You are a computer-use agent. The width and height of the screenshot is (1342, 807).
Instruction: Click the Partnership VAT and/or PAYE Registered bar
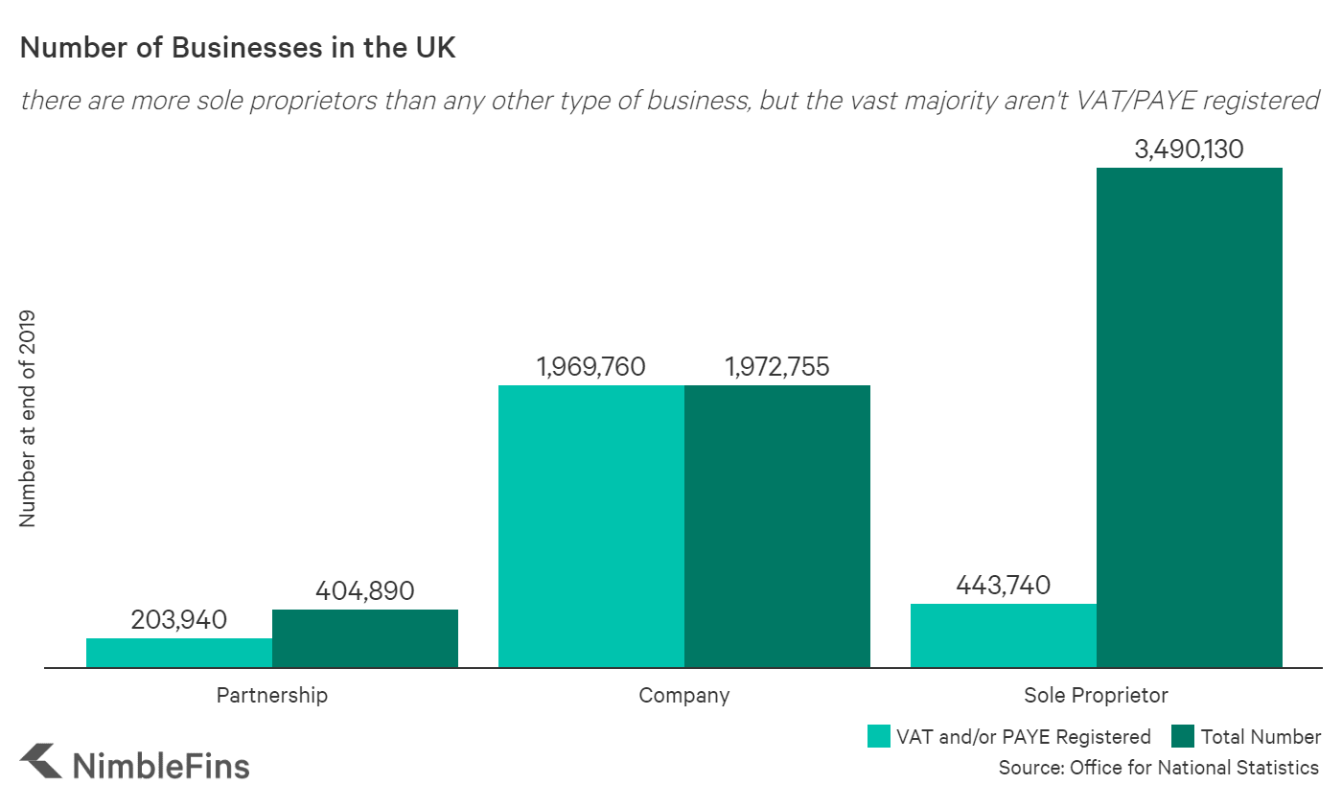click(x=179, y=653)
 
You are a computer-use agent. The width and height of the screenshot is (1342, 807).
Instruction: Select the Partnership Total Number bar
click(x=365, y=638)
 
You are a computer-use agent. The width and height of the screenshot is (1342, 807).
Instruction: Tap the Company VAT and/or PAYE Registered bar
click(x=591, y=526)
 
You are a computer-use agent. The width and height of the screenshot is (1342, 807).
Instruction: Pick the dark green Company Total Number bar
click(x=777, y=526)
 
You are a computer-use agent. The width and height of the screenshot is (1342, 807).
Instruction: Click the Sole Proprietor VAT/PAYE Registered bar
click(x=1004, y=635)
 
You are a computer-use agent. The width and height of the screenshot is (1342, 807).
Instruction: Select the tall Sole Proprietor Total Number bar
click(x=1190, y=418)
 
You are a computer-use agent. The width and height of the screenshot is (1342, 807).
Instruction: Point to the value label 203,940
click(x=179, y=620)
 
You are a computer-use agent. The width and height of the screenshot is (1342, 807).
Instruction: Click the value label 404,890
click(x=365, y=591)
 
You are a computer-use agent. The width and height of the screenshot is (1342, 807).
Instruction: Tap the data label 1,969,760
click(x=591, y=367)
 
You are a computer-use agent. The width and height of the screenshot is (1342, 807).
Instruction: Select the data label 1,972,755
click(x=777, y=367)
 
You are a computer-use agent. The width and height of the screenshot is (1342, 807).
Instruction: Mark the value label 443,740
click(x=1004, y=585)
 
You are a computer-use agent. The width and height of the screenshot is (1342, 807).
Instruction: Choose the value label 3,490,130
click(x=1190, y=150)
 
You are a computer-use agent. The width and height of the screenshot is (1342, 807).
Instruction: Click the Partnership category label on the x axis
click(x=272, y=695)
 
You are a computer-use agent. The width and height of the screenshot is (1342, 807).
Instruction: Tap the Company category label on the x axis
click(x=684, y=695)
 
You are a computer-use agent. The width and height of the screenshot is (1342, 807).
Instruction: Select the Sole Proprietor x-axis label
click(x=1097, y=695)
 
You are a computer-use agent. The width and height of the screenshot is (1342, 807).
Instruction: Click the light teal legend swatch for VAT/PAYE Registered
click(x=879, y=736)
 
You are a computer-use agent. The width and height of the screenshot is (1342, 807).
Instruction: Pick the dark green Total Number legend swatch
click(x=1183, y=736)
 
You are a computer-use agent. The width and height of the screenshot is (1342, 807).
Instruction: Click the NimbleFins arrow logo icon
click(x=41, y=762)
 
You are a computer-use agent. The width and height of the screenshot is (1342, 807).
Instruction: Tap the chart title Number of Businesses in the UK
click(x=238, y=50)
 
